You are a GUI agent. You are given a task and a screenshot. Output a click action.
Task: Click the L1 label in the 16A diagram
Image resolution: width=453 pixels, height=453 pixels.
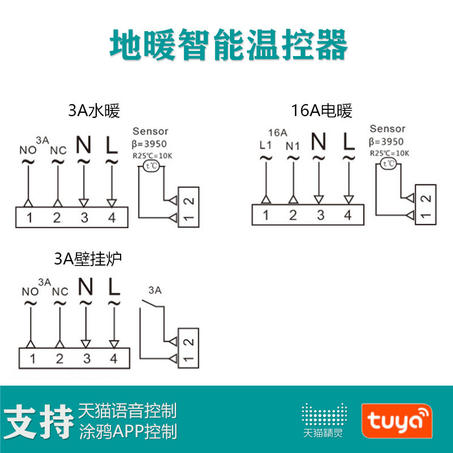[x=266, y=145]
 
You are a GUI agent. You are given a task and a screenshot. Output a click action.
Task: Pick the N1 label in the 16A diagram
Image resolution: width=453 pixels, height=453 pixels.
[x=292, y=146]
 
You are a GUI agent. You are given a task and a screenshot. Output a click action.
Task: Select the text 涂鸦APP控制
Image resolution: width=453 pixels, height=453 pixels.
[x=127, y=431]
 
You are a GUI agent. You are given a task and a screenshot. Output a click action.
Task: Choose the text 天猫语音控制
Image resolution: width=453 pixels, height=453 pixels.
[x=127, y=410]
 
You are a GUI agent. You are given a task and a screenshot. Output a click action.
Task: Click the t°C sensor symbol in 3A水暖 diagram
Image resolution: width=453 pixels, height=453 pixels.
[x=151, y=165]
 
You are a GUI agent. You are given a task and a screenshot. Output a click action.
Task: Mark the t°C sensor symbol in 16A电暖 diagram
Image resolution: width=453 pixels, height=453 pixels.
[x=388, y=164]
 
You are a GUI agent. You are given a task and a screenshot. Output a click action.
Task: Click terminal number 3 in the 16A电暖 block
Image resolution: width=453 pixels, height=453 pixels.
[x=320, y=215]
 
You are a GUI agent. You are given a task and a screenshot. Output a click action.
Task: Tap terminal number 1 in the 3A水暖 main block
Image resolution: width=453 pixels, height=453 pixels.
[x=29, y=217]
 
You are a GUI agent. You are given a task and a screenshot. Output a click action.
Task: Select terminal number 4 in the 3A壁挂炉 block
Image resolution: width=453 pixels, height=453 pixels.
[x=113, y=358]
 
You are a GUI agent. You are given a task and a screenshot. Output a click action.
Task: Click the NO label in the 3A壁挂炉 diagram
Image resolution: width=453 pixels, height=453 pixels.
[x=30, y=292]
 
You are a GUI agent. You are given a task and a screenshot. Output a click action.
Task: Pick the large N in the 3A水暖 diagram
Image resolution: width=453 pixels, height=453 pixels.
[x=84, y=146]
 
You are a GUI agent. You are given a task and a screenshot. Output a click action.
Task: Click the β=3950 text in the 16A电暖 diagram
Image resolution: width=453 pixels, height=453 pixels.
[x=386, y=142]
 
